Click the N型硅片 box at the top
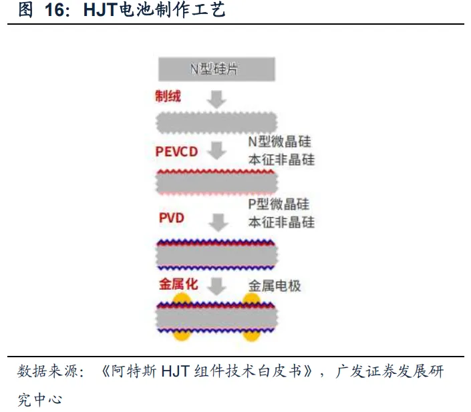click(x=217, y=69)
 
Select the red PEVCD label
click(x=176, y=152)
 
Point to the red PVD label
click(x=172, y=218)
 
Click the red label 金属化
click(x=178, y=284)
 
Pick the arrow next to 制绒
click(x=216, y=99)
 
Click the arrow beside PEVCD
click(x=216, y=150)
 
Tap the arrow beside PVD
click(x=216, y=220)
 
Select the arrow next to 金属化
click(x=216, y=286)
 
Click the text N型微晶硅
click(x=280, y=142)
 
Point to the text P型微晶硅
click(x=280, y=205)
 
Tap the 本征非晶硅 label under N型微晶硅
click(x=281, y=160)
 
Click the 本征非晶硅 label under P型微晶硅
click(x=281, y=222)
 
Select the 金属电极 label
click(x=275, y=286)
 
